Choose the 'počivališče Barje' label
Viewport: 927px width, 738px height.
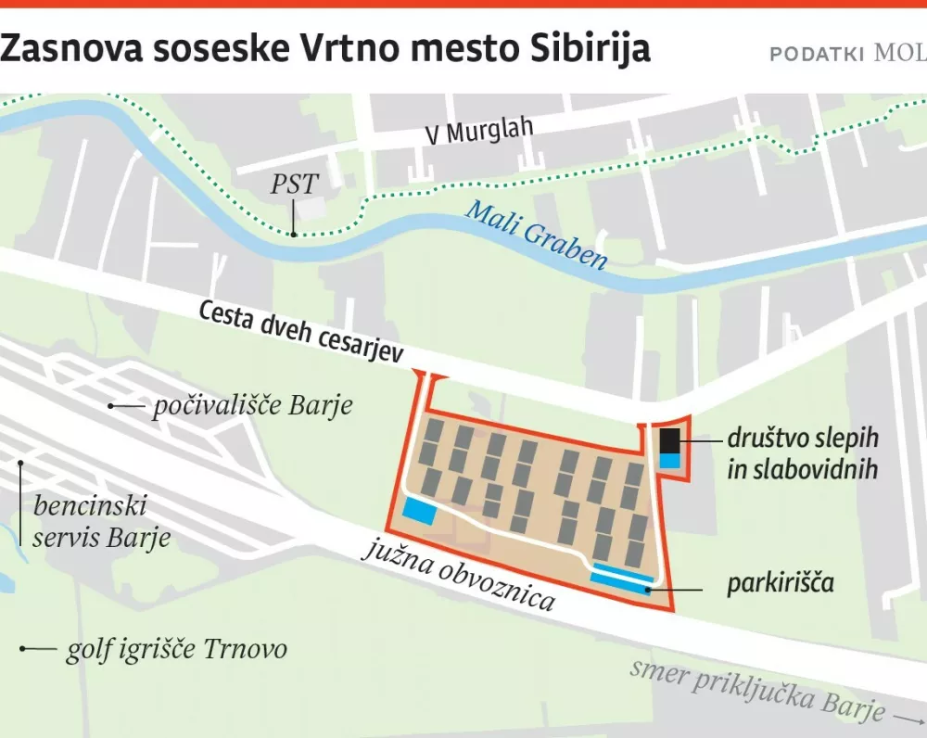[253, 406]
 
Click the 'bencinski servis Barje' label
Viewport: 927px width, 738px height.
[102, 522]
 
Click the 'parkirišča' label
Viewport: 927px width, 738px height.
[781, 584]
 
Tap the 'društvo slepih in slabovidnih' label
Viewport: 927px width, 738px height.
[802, 453]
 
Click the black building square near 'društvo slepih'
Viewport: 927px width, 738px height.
[669, 439]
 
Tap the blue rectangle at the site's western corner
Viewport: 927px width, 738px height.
[418, 510]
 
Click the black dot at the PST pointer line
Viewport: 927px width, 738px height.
[293, 234]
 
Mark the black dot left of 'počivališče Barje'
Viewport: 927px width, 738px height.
[112, 406]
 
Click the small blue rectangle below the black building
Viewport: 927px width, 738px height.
[669, 460]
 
